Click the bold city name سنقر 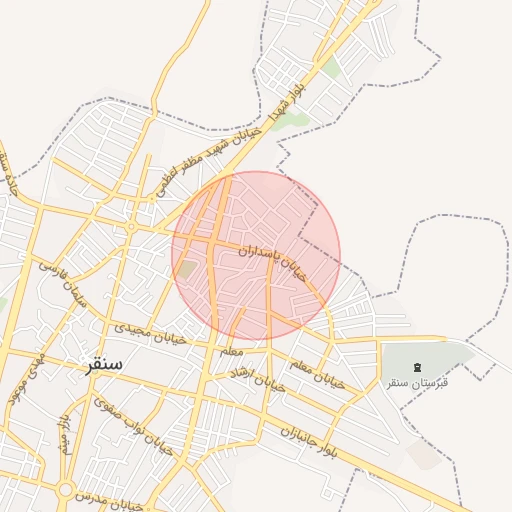pos(101,365)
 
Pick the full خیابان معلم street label pos(317,371)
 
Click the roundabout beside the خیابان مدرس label pos(66,490)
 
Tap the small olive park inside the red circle pos(187,269)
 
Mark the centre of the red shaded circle pos(256,255)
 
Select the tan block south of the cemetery pos(425,455)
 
